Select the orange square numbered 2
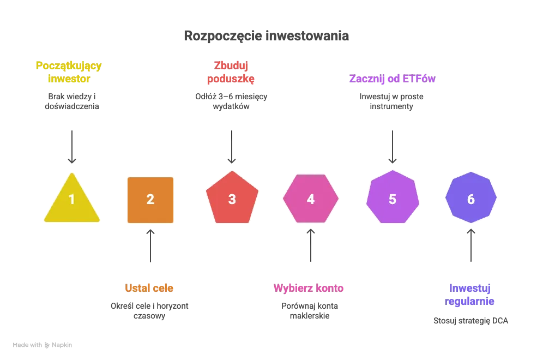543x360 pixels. point(150,200)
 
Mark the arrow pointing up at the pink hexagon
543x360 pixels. point(311,245)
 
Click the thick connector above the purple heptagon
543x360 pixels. point(393,146)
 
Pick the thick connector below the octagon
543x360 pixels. point(471,244)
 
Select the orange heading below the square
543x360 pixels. point(148,287)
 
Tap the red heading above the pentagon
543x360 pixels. point(231,72)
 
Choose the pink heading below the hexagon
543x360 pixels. point(308,287)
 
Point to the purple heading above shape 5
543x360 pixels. point(393,79)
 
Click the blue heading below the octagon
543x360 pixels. point(469,294)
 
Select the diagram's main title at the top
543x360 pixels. point(266,36)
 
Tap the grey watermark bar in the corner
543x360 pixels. point(44,345)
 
